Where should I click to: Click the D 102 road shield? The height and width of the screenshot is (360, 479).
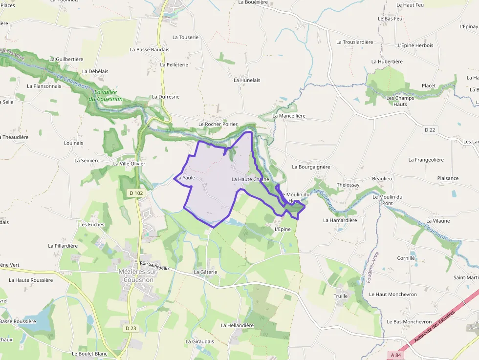(136, 193)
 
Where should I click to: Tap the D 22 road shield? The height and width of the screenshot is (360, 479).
(430, 129)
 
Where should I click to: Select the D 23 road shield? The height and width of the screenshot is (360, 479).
(130, 328)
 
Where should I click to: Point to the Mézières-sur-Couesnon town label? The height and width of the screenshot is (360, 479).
(136, 275)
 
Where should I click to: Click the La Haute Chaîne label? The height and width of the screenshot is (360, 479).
(250, 179)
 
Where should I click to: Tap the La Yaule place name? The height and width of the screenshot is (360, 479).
(186, 178)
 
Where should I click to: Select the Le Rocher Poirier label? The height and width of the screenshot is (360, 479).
(218, 124)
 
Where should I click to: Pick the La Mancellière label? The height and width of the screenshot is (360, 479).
(289, 116)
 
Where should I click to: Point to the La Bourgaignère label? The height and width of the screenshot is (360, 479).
(311, 167)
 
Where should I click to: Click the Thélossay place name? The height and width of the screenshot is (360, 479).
(348, 185)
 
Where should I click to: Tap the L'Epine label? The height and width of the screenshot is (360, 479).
(283, 229)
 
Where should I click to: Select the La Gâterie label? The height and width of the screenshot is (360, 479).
(205, 272)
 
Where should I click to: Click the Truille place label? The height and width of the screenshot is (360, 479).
(341, 296)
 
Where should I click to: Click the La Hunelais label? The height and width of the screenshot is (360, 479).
(247, 80)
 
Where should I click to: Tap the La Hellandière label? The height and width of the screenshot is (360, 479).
(237, 325)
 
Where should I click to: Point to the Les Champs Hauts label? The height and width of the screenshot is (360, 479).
(400, 101)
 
